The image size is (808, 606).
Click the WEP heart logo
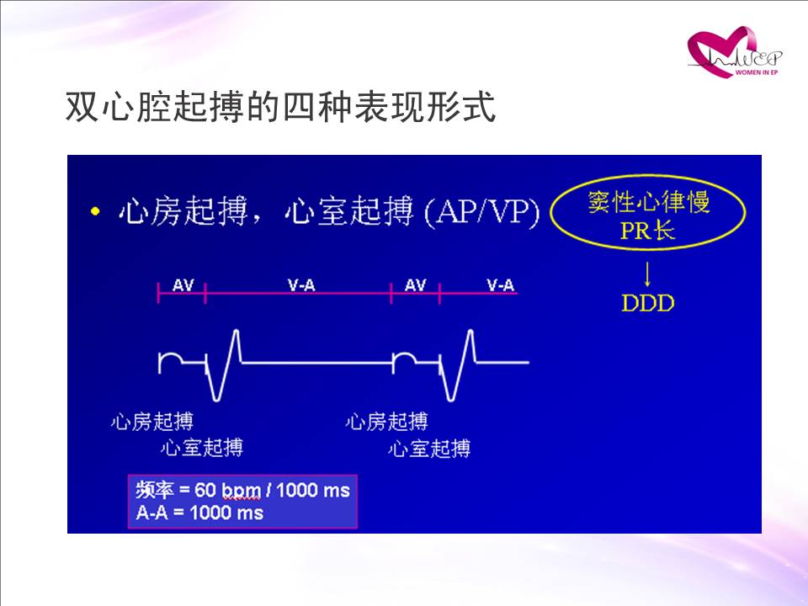[x=734, y=52]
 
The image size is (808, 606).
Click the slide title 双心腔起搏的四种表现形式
[x=281, y=107]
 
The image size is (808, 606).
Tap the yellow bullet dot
[x=94, y=210]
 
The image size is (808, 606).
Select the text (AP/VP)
[x=481, y=212]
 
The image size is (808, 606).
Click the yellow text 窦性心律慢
[x=648, y=201]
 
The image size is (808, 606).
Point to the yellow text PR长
[x=647, y=230]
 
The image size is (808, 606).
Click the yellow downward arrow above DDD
[x=648, y=274]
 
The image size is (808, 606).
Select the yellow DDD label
[x=648, y=303]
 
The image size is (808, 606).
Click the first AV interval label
[x=183, y=284]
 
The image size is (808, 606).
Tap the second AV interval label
[x=415, y=284]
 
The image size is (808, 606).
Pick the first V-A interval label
[x=301, y=284]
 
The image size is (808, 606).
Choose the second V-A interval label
[x=501, y=284]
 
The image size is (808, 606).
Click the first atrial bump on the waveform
[x=171, y=353]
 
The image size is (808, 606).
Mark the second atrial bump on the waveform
[x=404, y=353]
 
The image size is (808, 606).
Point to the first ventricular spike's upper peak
[x=236, y=330]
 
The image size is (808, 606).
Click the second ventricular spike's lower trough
[x=451, y=399]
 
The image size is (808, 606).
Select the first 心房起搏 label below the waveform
[x=152, y=422]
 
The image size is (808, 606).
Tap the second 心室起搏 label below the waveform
[x=429, y=449]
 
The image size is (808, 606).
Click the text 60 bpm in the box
[x=227, y=490]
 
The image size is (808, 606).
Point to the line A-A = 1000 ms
[x=199, y=513]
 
